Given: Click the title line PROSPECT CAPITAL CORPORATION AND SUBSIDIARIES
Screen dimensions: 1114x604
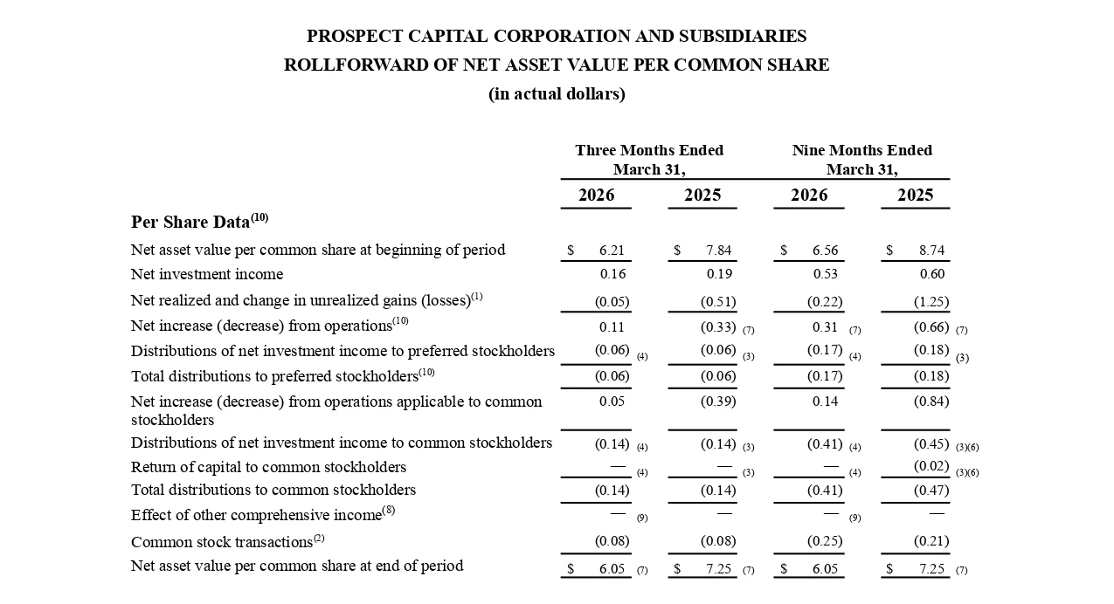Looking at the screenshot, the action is pos(557,36).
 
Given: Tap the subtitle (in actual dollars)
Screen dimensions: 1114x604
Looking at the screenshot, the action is pos(557,94).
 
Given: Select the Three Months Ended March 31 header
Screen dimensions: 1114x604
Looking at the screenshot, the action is pos(649,160).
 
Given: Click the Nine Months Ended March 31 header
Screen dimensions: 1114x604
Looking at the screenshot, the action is pos(862,160).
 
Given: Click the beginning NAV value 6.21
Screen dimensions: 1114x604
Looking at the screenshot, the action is pos(612,250).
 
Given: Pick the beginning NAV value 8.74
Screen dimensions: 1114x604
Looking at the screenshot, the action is pos(931,250).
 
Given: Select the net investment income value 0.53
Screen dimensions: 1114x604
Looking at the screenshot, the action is pos(825,274).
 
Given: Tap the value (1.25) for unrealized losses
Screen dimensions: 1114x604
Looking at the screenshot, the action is pos(931,301).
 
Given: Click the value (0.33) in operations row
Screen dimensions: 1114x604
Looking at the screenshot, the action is pos(718,326).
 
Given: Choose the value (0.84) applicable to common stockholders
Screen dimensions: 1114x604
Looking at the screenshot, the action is pos(931,402).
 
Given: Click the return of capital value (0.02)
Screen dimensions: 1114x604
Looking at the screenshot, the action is pos(931,466).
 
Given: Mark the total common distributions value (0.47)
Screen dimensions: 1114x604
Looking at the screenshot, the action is pos(931,491).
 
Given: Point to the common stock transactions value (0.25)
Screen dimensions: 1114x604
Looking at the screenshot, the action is pos(825,540).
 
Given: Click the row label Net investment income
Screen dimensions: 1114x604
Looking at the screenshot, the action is pos(207,274).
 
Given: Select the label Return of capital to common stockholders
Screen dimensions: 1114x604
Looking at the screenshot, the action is pos(268,467).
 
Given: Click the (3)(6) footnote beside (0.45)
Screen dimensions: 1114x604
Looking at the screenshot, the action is pos(967,447).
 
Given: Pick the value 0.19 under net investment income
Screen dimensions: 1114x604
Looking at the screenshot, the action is pos(719,274).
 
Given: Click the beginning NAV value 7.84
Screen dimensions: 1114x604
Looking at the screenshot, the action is pos(718,250).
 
